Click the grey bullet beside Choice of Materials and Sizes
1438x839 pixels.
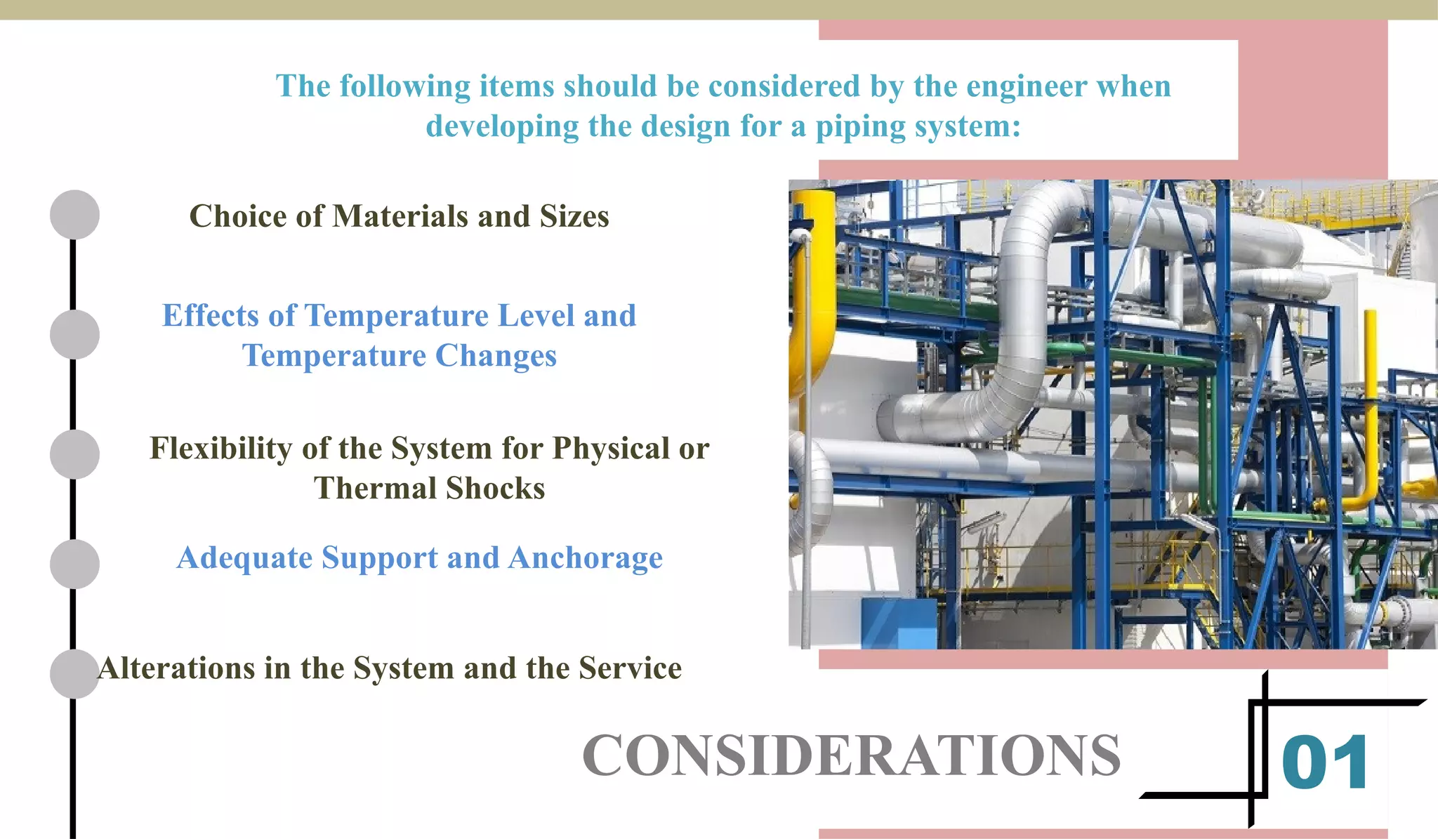(x=74, y=215)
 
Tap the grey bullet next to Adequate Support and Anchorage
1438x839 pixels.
(x=74, y=564)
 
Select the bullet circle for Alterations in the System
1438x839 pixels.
(x=74, y=674)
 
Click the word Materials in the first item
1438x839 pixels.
(x=401, y=216)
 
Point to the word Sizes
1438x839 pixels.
(x=574, y=216)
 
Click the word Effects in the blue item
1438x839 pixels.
(x=211, y=316)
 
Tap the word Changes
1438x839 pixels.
(x=496, y=356)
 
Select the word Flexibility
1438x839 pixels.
(x=220, y=449)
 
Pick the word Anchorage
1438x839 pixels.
(x=586, y=558)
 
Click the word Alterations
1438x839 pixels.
(x=176, y=668)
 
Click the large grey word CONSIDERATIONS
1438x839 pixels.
(x=851, y=756)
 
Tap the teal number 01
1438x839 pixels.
(x=1325, y=763)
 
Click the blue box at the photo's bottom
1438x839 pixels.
(x=899, y=623)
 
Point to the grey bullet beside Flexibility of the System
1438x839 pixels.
(x=74, y=454)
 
